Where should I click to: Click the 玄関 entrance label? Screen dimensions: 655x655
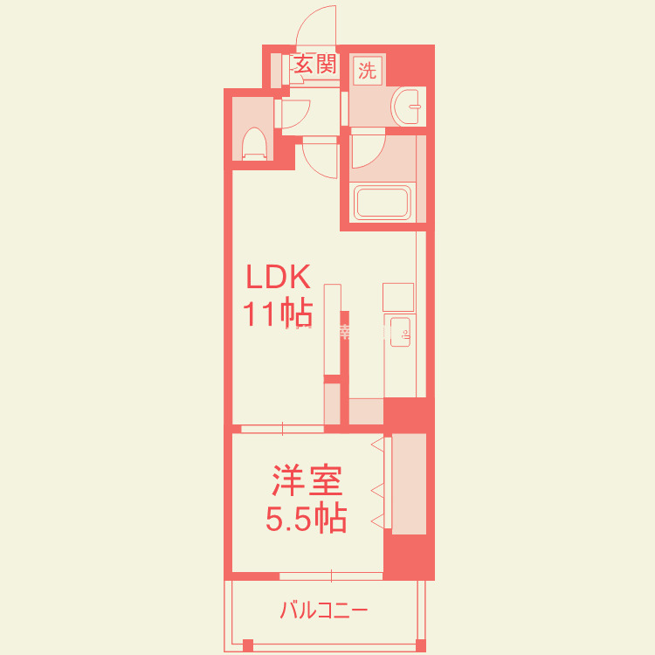[x=314, y=65]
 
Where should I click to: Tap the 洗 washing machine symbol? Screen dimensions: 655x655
[x=367, y=71]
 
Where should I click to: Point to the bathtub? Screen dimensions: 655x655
[x=383, y=202]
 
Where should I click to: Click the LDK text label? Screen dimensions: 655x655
[x=278, y=278]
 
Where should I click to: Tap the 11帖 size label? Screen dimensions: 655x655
[x=278, y=313]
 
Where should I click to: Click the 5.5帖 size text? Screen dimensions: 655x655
[x=307, y=520]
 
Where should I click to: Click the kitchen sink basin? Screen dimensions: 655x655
[x=401, y=332]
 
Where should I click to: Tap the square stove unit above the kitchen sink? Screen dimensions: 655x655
[x=397, y=296]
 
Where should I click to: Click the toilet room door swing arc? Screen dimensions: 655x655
[x=294, y=114]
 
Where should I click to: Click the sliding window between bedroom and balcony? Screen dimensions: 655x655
[x=331, y=576]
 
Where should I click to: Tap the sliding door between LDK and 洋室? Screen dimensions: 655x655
[x=282, y=428]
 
